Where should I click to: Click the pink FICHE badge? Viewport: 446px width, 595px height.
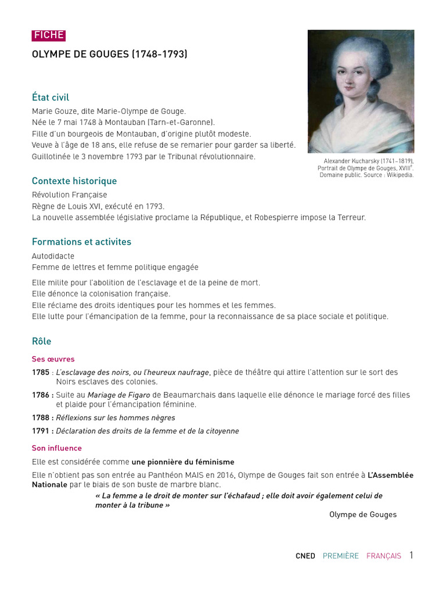point(49,35)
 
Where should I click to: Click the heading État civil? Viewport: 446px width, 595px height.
point(51,98)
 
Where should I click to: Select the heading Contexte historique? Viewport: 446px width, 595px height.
point(74,181)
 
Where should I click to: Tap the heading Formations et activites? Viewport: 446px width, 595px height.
point(81,242)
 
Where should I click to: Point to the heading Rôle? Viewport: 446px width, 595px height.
point(42,341)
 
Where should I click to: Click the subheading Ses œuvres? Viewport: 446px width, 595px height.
point(53,359)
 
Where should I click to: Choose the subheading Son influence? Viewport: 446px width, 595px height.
point(57,448)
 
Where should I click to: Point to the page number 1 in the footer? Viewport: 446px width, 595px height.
point(411,555)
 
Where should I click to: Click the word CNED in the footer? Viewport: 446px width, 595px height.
point(305,556)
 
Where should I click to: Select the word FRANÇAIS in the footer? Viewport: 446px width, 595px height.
point(384,556)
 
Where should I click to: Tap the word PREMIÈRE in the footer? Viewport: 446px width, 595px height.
point(341,556)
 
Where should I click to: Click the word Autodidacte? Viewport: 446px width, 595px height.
point(53,256)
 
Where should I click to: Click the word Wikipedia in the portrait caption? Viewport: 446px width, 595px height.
point(400,175)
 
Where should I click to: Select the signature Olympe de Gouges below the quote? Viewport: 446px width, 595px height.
point(363,515)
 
